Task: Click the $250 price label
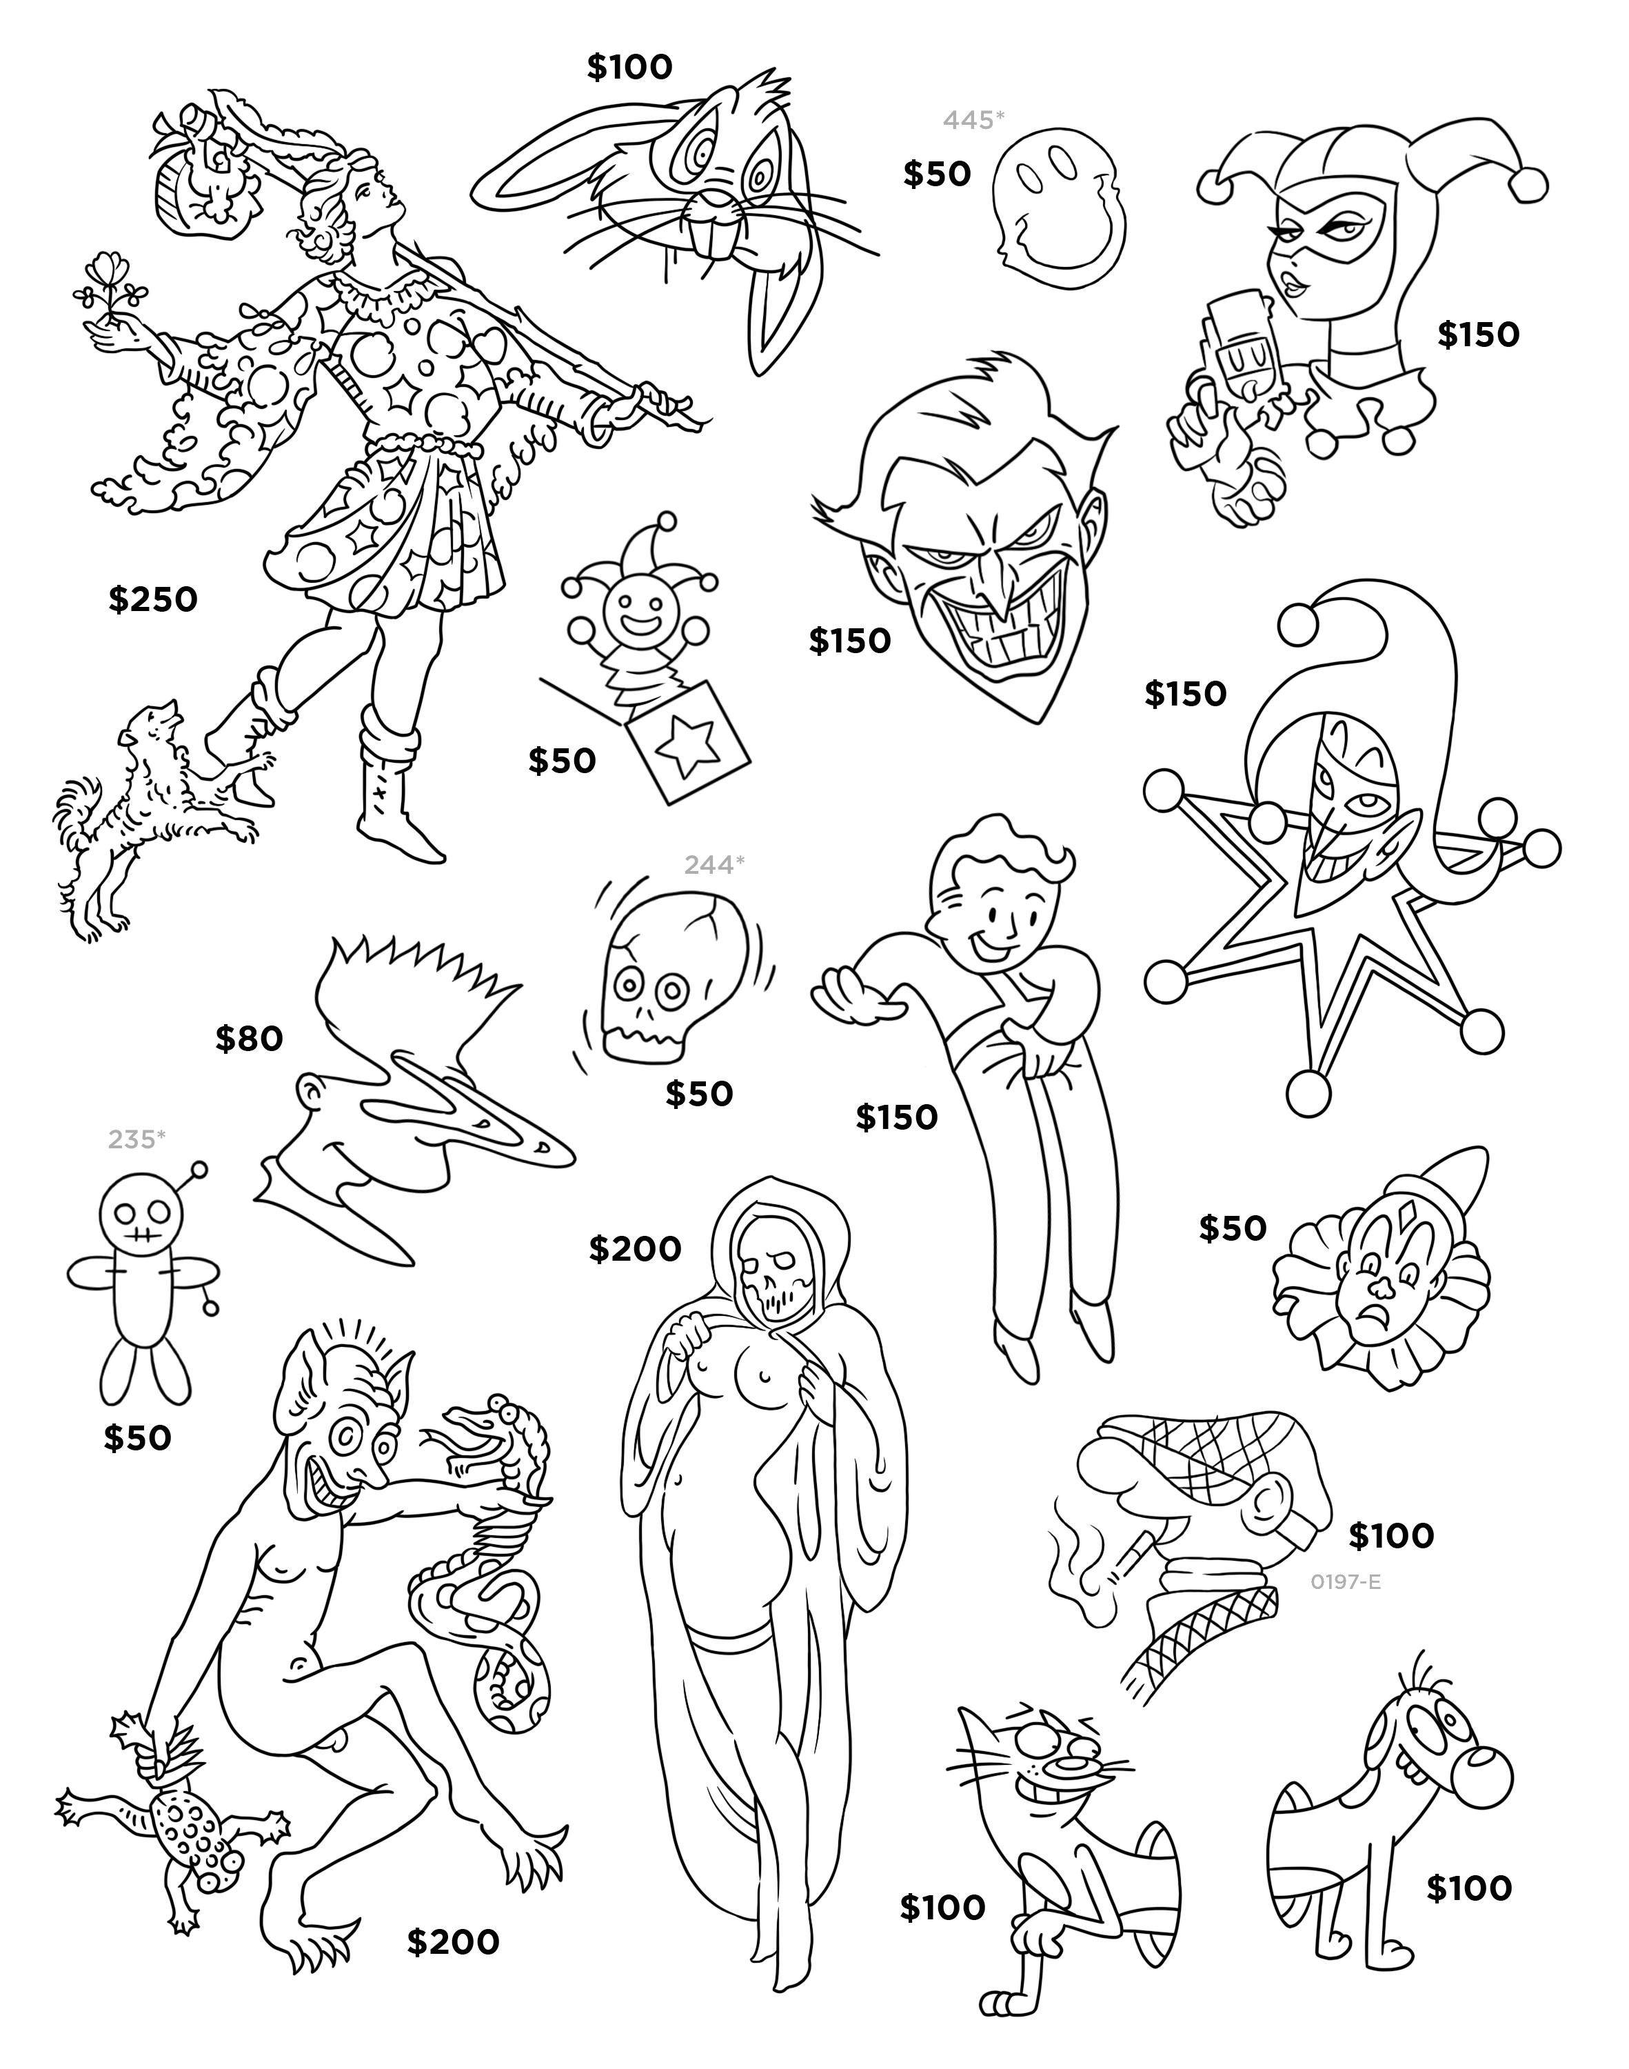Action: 152,600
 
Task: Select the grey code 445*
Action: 974,119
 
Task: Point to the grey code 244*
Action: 714,865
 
